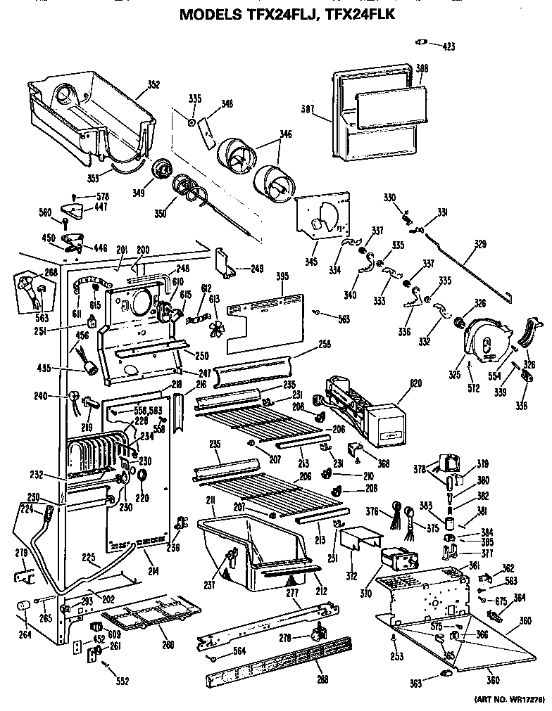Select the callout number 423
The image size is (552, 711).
point(448,47)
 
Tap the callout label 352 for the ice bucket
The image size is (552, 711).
point(153,85)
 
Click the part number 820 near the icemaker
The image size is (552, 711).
point(415,385)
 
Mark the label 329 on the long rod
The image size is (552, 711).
point(480,244)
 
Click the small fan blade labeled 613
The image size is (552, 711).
point(216,326)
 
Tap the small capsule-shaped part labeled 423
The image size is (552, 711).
point(423,43)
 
